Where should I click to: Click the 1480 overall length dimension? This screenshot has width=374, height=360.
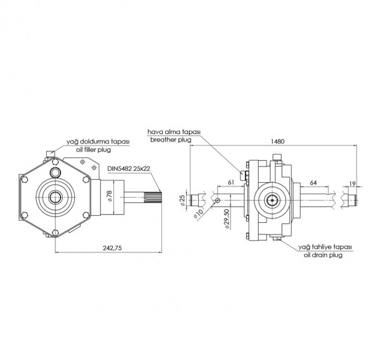click(x=278, y=142)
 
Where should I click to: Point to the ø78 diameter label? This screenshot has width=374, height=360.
click(x=109, y=197)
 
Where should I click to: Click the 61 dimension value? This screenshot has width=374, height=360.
click(x=231, y=182)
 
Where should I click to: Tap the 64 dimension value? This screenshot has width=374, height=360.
click(x=314, y=182)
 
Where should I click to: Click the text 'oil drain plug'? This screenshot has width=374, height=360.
click(x=324, y=255)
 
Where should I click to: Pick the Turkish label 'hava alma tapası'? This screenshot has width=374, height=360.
click(x=173, y=132)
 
